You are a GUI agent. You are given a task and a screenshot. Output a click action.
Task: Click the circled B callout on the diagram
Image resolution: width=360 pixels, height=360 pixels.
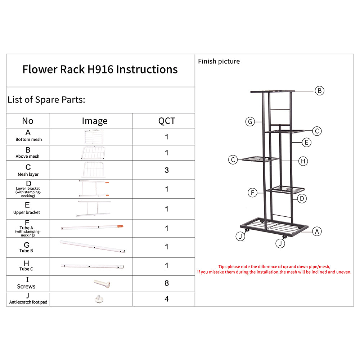click(x=320, y=91)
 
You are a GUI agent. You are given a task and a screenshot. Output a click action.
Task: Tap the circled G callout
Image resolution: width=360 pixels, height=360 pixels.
click(x=250, y=122)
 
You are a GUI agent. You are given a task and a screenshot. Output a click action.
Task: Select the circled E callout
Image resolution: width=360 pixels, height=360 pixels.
click(x=306, y=143)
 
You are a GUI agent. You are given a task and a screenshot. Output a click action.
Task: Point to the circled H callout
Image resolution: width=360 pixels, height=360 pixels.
click(x=303, y=161)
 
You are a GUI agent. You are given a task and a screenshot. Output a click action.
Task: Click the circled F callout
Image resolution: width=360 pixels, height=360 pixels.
click(x=253, y=193)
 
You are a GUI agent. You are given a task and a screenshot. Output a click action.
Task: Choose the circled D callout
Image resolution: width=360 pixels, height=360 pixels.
click(x=302, y=198)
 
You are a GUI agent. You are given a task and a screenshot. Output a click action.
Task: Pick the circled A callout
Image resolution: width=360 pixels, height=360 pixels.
click(x=316, y=231)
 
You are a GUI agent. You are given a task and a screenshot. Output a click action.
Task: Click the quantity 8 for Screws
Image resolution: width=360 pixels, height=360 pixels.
click(x=166, y=283)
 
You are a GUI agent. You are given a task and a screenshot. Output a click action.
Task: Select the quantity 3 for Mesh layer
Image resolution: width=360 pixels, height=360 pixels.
click(x=166, y=170)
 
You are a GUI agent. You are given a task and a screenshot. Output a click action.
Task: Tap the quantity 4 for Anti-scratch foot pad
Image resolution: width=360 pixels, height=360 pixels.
click(x=166, y=299)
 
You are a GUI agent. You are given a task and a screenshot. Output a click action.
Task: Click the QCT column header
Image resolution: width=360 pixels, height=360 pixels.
click(x=166, y=121)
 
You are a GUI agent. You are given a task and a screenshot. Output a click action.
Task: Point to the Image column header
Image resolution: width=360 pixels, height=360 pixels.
click(x=94, y=121)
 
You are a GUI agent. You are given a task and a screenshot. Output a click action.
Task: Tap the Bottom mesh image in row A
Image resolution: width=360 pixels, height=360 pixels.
click(x=94, y=136)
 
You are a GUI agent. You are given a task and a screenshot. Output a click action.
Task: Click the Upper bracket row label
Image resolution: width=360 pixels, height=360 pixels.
click(x=27, y=212)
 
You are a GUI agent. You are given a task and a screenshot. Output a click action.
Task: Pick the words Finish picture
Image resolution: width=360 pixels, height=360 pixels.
click(x=219, y=62)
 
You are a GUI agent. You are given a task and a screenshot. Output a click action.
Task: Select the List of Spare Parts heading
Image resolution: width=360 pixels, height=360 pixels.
click(x=46, y=100)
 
